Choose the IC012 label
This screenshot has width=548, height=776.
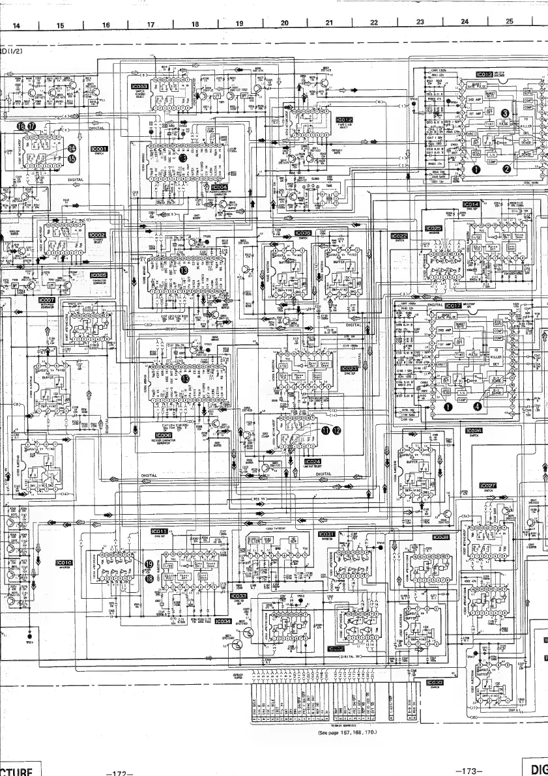[x=345, y=120]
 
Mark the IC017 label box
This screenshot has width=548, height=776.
[x=454, y=306]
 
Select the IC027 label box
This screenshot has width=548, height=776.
[x=488, y=485]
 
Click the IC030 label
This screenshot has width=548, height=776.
[x=434, y=683]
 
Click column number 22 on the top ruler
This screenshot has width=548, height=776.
[x=373, y=23]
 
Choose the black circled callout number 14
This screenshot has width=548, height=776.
[x=72, y=148]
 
